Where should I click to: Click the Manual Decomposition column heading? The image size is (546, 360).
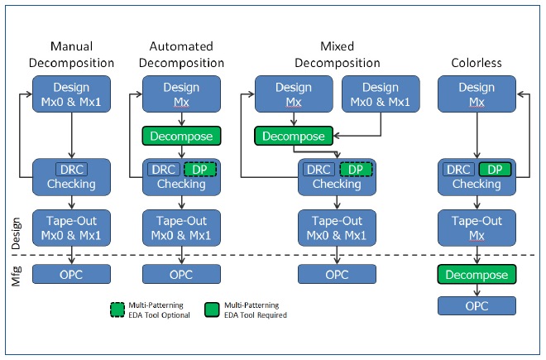coord(71,55)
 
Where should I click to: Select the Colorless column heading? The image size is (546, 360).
coord(477,63)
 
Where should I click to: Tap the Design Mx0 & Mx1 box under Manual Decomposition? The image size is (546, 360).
coord(71,94)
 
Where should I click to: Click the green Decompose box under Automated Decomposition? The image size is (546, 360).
coord(181,136)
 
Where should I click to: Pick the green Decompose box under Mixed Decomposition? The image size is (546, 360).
coord(294,136)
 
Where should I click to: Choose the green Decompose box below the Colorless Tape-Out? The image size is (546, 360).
coord(477,274)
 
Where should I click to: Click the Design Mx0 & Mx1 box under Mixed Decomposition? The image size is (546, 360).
coord(381,94)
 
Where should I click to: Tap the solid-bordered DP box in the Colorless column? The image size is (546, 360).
coord(495,170)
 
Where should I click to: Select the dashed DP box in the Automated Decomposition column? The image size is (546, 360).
coord(200,170)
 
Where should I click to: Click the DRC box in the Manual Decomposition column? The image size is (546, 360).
coord(71,170)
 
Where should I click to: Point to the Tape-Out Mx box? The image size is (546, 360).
coord(477,228)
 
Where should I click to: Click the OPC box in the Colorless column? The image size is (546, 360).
coord(477,306)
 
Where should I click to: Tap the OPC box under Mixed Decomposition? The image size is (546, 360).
coord(337,274)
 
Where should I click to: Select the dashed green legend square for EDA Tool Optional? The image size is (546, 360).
coord(117,310)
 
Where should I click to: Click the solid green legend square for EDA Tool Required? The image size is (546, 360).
coord(212,310)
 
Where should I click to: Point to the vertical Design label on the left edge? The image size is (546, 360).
coord(16,233)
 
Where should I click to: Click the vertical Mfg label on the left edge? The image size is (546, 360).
coord(16,276)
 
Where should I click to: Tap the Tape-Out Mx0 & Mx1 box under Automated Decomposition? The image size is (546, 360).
coord(181,228)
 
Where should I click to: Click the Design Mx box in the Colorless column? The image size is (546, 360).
coord(477,94)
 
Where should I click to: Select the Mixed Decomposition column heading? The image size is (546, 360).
coord(337,55)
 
